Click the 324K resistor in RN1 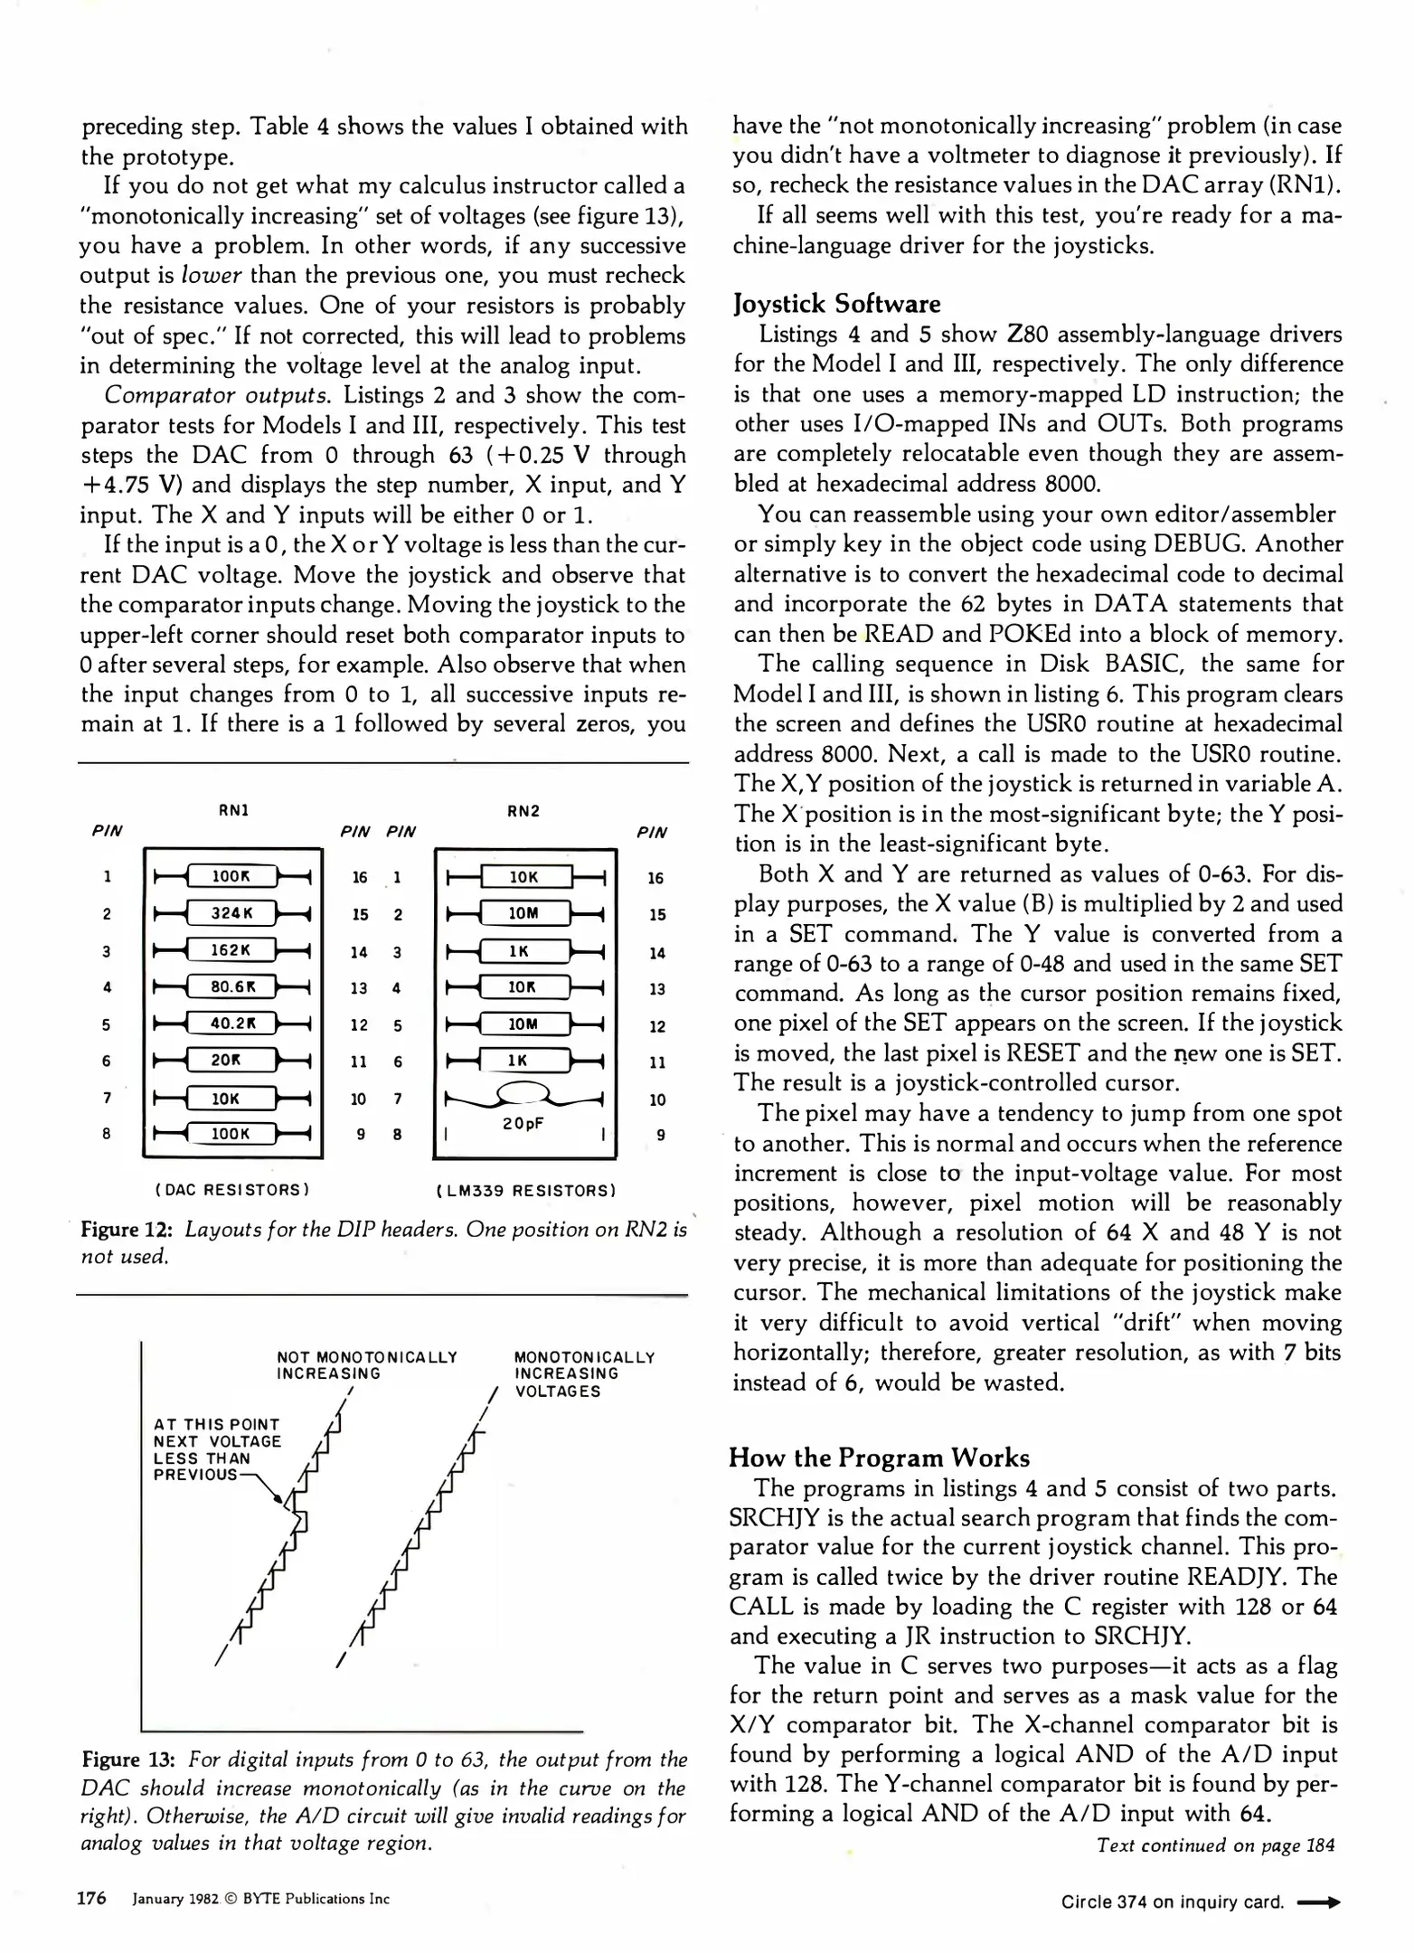(231, 913)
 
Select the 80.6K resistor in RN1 (231, 986)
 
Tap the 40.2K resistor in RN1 (231, 1024)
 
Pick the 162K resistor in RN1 (231, 950)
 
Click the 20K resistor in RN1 (231, 1060)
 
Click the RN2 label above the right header (523, 811)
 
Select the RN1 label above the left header (233, 810)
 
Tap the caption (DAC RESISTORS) (232, 1189)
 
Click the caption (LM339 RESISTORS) (525, 1190)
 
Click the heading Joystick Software (836, 304)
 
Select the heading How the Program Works (879, 1458)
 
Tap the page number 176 (91, 1898)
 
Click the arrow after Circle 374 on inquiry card (1318, 1902)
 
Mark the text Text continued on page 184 (1215, 1844)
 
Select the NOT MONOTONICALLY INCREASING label (366, 1365)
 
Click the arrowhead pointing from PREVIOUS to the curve (279, 1500)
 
